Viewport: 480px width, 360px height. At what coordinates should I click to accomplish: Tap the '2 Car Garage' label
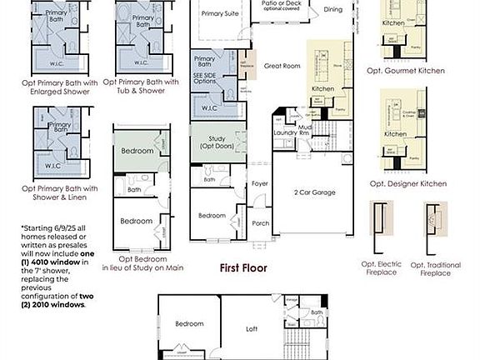[315, 192]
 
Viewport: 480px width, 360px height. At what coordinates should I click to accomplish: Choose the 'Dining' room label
[332, 10]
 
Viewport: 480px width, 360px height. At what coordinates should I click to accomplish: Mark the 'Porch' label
[260, 222]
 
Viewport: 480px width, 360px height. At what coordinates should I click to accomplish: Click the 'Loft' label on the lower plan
[251, 328]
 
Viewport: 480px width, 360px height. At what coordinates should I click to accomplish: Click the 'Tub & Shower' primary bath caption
[147, 90]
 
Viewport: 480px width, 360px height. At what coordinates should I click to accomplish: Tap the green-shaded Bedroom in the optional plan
[137, 151]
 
